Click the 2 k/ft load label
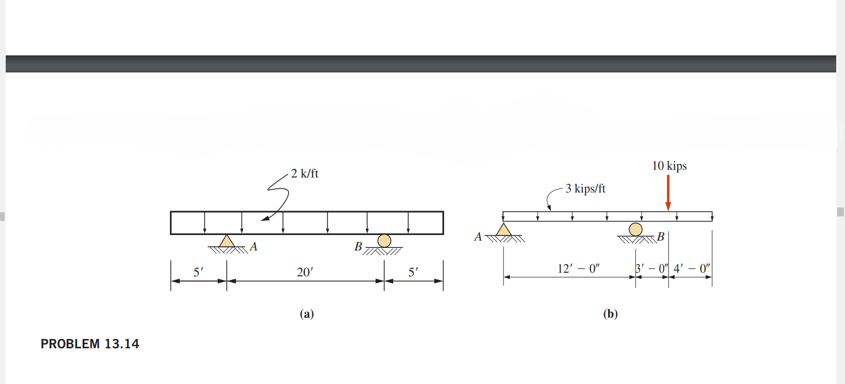point(305,173)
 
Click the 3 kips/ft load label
point(585,188)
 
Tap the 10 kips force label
point(669,166)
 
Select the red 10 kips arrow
point(668,193)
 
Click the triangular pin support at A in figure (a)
point(226,241)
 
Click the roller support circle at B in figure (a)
point(384,241)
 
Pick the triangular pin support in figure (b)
point(504,230)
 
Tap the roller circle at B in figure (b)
point(635,229)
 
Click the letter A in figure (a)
point(253,247)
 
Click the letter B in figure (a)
point(358,247)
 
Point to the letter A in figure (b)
point(478,237)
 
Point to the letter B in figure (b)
point(661,237)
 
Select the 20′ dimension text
point(305,272)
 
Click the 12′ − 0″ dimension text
point(578,269)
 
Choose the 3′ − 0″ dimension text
point(652,269)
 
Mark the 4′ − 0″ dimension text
point(691,269)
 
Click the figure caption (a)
point(307,314)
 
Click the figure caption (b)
point(610,314)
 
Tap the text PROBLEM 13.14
point(90,344)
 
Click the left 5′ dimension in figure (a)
point(198,272)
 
